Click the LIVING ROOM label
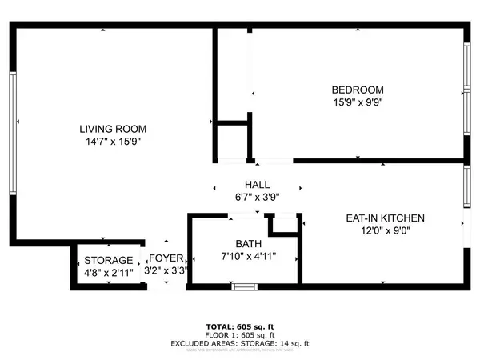click(113, 128)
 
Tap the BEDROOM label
click(358, 90)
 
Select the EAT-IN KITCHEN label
click(386, 218)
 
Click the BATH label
click(248, 243)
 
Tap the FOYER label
click(166, 258)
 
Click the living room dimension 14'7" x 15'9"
click(113, 141)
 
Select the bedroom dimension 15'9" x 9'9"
click(358, 102)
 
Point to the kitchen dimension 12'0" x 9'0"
click(386, 230)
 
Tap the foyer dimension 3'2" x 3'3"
click(166, 271)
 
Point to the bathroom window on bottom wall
click(243, 284)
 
